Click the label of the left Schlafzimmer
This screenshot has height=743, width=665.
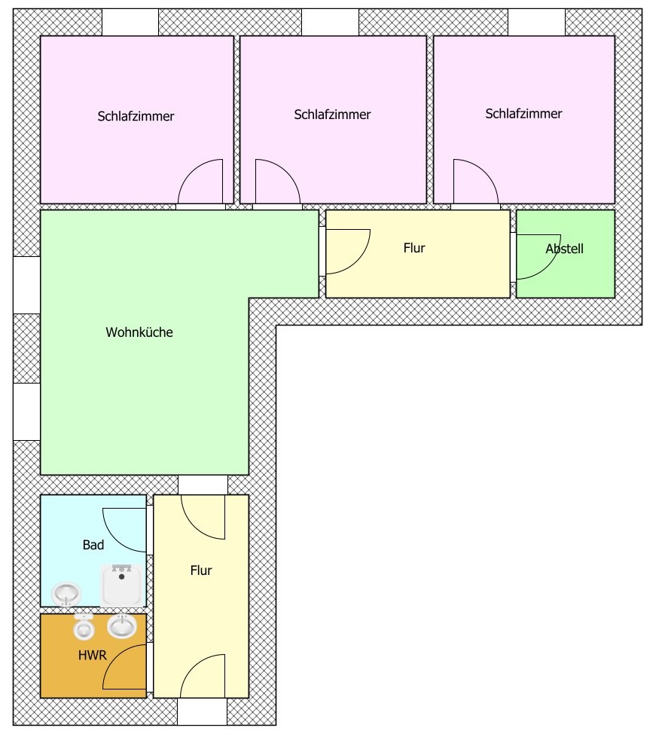coord(136,117)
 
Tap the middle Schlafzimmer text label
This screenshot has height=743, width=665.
coord(332,115)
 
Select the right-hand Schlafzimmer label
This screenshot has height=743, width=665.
coord(523,114)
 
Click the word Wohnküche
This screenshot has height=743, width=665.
coord(139,332)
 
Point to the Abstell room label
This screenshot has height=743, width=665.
coord(564,249)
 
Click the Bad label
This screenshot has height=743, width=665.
coord(93,545)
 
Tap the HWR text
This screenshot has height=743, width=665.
coord(93,656)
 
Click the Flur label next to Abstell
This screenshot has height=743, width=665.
coord(414,248)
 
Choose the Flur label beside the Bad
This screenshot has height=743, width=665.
coord(201,570)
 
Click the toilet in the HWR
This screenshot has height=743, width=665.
coord(84,626)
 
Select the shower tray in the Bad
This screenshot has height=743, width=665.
coord(122,586)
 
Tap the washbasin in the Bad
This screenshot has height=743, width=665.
coord(66,594)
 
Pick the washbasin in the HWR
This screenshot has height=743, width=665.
coord(122,625)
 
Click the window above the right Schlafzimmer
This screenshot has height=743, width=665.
coord(537,22)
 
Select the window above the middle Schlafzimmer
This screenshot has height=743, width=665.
coord(330,22)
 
